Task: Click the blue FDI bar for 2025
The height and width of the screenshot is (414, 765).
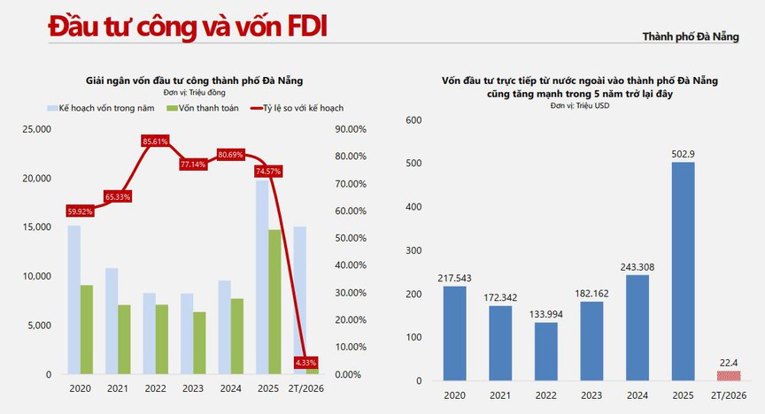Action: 682,271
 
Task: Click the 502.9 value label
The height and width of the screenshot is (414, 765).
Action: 682,153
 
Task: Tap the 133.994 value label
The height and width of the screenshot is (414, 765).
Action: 546,312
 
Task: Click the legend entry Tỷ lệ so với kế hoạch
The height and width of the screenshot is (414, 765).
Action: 302,108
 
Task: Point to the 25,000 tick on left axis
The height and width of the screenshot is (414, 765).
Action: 36,129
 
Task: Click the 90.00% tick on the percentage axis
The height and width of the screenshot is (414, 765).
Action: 348,129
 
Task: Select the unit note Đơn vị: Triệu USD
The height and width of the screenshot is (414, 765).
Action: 580,105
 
